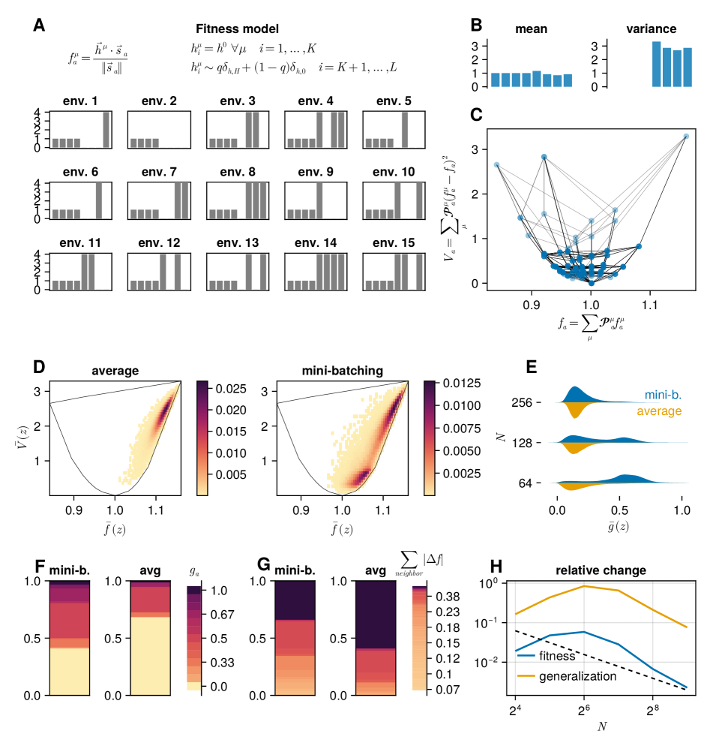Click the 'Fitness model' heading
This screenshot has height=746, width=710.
[237, 29]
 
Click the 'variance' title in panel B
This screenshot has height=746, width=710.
[651, 29]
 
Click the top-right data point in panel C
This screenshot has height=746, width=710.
[686, 136]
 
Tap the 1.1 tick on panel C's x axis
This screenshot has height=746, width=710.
[649, 306]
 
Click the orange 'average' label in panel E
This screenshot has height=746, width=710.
[659, 411]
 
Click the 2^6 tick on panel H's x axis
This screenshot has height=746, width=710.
[583, 708]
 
